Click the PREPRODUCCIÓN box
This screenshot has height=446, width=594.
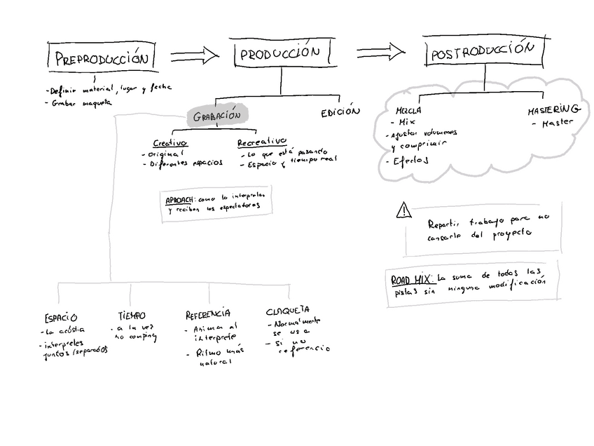(102, 58)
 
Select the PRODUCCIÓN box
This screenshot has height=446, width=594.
(280, 53)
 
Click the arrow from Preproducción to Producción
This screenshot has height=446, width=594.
(194, 55)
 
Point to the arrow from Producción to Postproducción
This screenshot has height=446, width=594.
(380, 51)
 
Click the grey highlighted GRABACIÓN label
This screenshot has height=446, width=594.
(216, 116)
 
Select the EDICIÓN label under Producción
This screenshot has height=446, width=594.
(340, 112)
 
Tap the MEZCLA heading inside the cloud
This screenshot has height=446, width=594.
(408, 110)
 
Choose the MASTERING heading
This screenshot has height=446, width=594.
(553, 109)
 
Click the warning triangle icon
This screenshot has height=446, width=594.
(403, 210)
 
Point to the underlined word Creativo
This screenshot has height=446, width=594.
(170, 143)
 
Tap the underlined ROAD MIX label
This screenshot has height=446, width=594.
(411, 280)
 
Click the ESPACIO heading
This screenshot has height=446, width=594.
(60, 318)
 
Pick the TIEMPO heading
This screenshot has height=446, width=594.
(132, 316)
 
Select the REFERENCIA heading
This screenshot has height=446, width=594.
(207, 314)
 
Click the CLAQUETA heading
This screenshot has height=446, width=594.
(288, 311)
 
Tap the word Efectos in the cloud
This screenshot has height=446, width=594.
(407, 161)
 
